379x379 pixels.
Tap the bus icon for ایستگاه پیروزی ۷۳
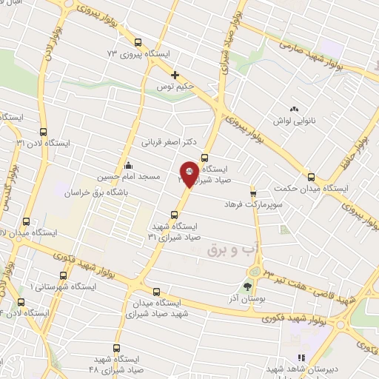[138, 42]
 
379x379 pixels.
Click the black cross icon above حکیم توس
[175, 75]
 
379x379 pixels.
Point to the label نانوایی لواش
[294, 120]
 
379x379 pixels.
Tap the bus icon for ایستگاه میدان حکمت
[311, 177]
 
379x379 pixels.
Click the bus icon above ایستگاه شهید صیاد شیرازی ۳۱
[174, 215]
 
